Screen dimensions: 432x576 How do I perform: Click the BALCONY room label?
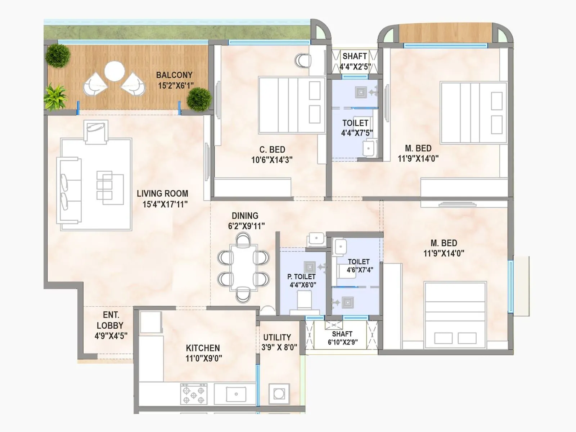pos(174,75)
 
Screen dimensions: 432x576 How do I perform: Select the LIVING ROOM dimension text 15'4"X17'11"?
pos(165,204)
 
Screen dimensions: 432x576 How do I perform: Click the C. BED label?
pos(272,150)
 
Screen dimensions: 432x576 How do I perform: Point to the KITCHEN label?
pos(203,348)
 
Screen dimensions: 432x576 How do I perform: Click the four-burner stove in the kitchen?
pos(194,394)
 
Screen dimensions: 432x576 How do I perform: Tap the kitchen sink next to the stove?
pos(236,394)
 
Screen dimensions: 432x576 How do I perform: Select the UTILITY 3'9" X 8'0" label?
pos(279,342)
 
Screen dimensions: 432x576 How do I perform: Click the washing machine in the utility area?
pos(279,393)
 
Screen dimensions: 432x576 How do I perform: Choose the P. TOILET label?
pos(301,277)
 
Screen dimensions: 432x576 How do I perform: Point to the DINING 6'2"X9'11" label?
pos(246,221)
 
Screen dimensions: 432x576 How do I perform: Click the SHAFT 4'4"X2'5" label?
pos(355,61)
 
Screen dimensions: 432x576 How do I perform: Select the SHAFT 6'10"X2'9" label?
pos(342,338)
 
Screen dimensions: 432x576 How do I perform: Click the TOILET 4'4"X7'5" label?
pos(356,128)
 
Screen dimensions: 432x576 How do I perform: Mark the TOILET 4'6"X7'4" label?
pos(359,266)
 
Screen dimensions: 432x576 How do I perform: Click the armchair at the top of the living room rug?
pos(96,132)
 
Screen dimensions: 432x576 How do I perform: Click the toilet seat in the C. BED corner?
pos(302,61)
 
